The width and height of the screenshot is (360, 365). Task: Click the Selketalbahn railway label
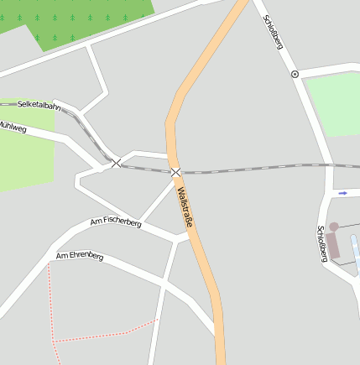39,107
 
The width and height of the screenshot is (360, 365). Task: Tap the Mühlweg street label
13,128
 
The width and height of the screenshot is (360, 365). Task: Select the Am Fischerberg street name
115,222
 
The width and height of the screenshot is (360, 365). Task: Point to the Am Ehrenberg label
80,255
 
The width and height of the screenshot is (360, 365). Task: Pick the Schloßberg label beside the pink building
321,244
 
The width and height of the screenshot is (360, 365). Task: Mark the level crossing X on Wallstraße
175,172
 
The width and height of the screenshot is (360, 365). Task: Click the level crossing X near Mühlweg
116,163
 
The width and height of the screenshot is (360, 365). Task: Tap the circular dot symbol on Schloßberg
295,74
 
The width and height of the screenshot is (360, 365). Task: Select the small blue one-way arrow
342,193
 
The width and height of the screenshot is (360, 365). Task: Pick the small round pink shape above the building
333,227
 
